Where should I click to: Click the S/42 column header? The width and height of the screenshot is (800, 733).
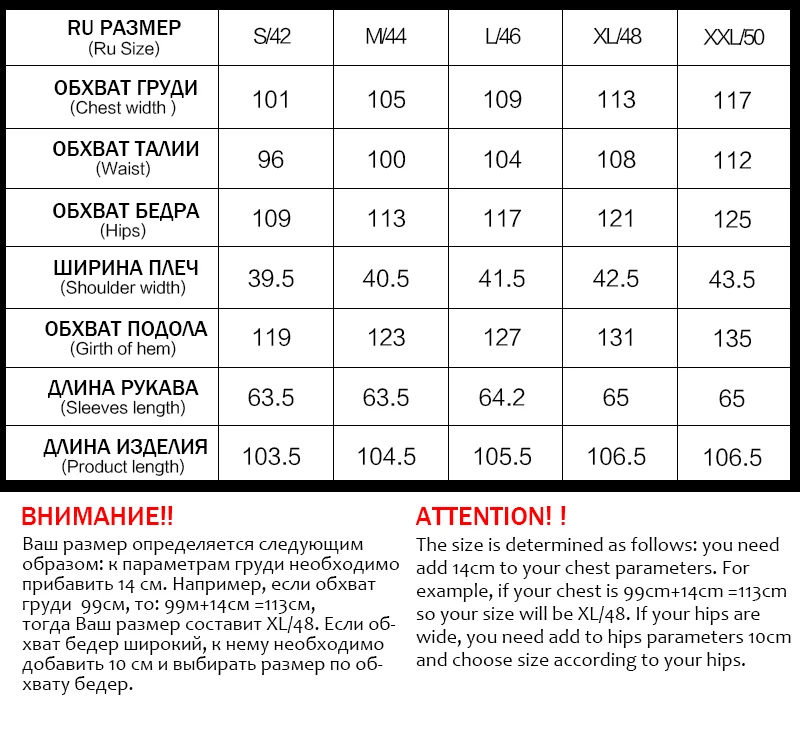click(x=271, y=38)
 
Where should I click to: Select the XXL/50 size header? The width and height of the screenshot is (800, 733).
click(x=732, y=38)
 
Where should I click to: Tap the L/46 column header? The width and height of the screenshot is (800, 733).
click(x=502, y=38)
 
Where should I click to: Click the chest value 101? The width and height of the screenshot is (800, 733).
click(x=271, y=99)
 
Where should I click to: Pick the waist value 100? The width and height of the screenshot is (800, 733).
click(x=386, y=159)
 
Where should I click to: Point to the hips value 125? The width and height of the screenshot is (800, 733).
click(x=732, y=219)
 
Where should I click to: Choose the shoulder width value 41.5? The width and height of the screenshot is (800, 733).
click(x=502, y=279)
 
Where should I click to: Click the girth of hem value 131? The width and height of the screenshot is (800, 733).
click(x=616, y=338)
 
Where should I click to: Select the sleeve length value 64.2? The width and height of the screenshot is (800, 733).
click(x=502, y=397)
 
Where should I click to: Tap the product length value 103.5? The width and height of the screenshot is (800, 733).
click(x=271, y=457)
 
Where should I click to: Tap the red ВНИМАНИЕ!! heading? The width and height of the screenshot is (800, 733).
click(x=97, y=517)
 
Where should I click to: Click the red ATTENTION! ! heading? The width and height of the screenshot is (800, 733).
click(x=491, y=517)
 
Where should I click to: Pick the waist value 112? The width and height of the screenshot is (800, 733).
click(x=732, y=160)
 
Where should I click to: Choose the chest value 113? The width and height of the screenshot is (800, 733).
click(x=616, y=99)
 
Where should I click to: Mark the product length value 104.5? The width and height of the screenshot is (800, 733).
click(x=386, y=457)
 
